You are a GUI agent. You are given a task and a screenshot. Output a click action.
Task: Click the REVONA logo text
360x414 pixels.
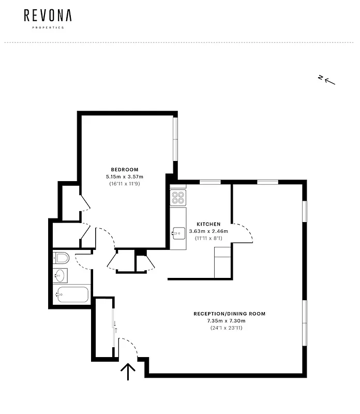(x=48, y=16)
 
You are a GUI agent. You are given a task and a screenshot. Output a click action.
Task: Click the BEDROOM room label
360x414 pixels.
(x=125, y=170)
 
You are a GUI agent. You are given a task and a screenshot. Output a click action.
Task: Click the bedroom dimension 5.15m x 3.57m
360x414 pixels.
(x=125, y=177)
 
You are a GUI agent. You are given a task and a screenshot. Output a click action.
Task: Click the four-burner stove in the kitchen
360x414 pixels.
(x=178, y=197)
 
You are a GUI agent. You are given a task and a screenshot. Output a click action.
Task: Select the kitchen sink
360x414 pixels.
(x=178, y=233)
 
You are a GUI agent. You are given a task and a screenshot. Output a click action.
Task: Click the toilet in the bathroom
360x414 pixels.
(x=62, y=257)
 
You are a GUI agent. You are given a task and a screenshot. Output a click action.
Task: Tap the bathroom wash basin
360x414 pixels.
(x=60, y=275)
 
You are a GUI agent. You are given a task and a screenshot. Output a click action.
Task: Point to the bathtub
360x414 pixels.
(x=72, y=295)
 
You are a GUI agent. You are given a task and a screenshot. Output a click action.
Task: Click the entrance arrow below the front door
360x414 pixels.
(x=128, y=372)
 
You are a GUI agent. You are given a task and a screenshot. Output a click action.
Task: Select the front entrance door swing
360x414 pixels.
(x=128, y=347)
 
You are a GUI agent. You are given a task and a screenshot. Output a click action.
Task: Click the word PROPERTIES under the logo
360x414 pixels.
(x=48, y=27)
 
